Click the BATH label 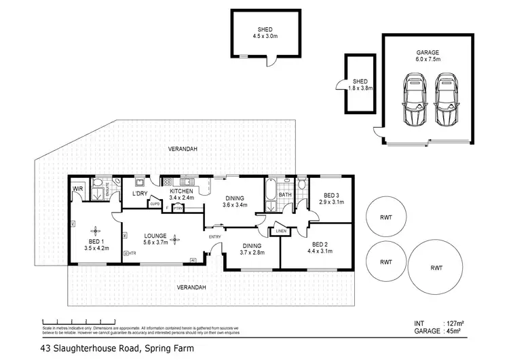pos(286,195)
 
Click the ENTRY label pos(215,237)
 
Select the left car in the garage pos(414,101)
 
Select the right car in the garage pos(446,101)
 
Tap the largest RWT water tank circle pos(436,267)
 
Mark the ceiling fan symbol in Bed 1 pos(97,231)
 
